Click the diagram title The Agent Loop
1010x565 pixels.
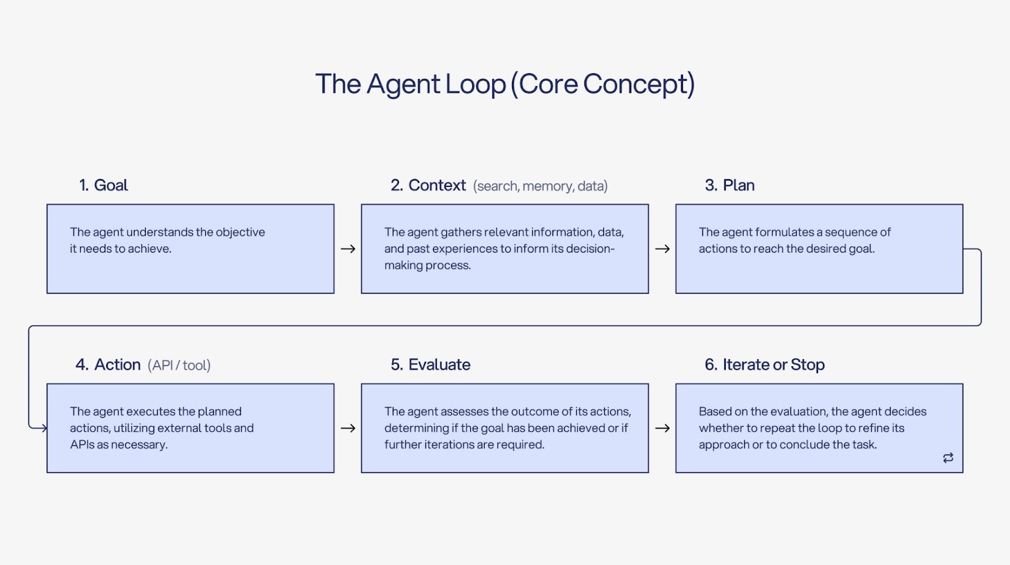point(504,84)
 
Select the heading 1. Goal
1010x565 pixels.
point(104,185)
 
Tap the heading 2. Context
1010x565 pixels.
point(428,185)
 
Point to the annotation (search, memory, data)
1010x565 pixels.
point(540,186)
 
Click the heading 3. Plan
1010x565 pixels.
point(730,185)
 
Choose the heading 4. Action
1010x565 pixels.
point(108,364)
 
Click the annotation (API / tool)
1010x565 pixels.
point(179,366)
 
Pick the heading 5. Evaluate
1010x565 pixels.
point(431,364)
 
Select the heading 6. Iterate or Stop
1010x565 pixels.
point(764,364)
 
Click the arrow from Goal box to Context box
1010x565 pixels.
point(348,249)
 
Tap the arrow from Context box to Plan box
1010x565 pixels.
point(662,249)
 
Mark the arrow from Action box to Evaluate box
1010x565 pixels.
point(348,428)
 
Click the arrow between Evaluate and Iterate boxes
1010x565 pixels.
point(662,428)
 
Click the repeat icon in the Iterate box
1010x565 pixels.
point(948,458)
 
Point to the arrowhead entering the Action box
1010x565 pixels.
point(43,428)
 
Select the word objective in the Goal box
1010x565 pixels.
point(241,232)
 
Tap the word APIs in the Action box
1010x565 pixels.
point(82,444)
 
